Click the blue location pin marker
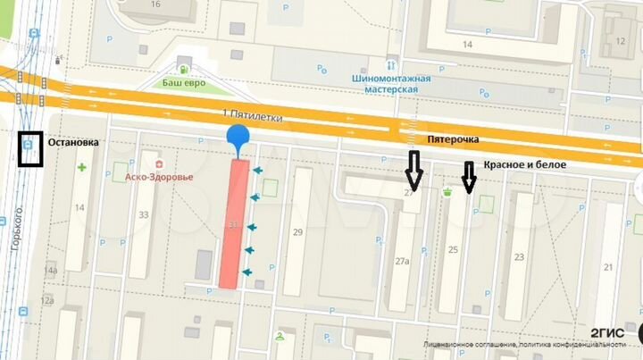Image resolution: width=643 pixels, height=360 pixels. point(238,139)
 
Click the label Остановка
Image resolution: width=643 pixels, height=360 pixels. point(74,142)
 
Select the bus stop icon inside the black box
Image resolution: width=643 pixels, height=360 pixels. point(32,143)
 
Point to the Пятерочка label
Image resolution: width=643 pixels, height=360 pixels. point(453,140)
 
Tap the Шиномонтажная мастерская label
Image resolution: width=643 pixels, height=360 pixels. point(392,84)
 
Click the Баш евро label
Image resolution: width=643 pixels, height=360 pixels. point(184,83)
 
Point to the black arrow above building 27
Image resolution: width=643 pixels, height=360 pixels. point(413,169)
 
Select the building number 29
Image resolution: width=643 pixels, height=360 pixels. point(298,233)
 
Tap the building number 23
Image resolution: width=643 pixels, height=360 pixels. point(518,257)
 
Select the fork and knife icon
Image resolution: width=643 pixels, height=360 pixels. point(391,66)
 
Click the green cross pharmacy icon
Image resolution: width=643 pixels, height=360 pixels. point(82,167)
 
